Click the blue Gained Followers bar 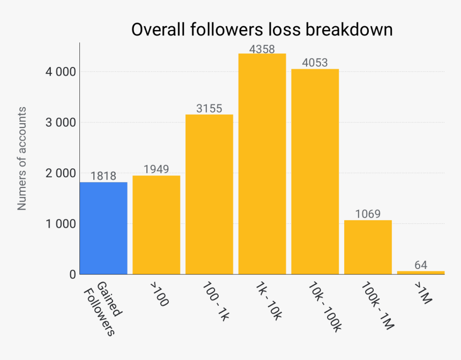pyautogui.click(x=103, y=228)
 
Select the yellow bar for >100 pyautogui.click(x=156, y=225)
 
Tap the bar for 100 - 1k pyautogui.click(x=209, y=194)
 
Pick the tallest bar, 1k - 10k pyautogui.click(x=262, y=164)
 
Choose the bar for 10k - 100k pyautogui.click(x=315, y=171)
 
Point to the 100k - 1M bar pyautogui.click(x=368, y=247)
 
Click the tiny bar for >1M pyautogui.click(x=421, y=272)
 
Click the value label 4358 pyautogui.click(x=262, y=49)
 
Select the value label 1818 pyautogui.click(x=103, y=176)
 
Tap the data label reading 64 pyautogui.click(x=421, y=265)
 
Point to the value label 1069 pyautogui.click(x=368, y=214)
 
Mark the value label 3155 pyautogui.click(x=209, y=109)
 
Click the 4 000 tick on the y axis pyautogui.click(x=59, y=72)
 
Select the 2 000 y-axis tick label pyautogui.click(x=59, y=173)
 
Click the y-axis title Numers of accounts pyautogui.click(x=22, y=158)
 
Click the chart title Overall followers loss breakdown pyautogui.click(x=262, y=30)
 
